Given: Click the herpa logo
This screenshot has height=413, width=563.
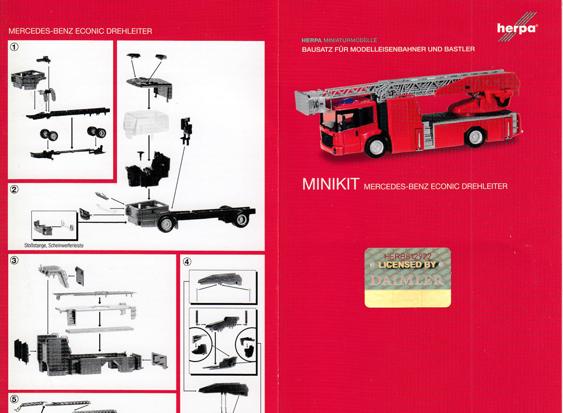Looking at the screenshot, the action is (x=517, y=27).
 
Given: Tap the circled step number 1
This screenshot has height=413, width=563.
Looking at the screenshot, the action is (x=14, y=47).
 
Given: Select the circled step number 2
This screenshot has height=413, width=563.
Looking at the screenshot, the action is (x=14, y=189).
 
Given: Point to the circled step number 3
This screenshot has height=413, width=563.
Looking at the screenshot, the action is (x=14, y=261).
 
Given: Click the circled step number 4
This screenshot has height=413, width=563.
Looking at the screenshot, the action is (x=187, y=262).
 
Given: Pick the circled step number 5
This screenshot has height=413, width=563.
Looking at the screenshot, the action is (x=14, y=399).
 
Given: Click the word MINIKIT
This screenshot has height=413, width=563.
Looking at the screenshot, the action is (x=331, y=184).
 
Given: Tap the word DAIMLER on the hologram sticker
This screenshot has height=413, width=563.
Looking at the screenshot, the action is (x=408, y=280).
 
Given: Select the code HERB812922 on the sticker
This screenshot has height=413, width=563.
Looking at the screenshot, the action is (x=408, y=257).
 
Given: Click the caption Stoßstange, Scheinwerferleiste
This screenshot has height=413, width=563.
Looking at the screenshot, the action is (x=54, y=245).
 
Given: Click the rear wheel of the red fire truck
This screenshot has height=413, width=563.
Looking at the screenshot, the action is (x=475, y=137).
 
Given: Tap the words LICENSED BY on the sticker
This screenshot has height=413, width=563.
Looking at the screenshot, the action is (x=407, y=265).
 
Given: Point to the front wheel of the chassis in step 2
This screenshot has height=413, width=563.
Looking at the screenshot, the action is (x=166, y=224).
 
